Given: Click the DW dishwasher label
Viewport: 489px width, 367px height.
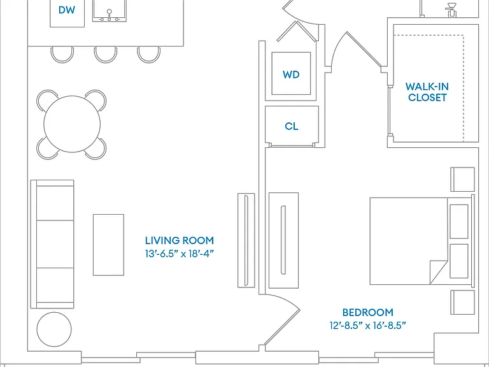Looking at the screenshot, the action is tap(67, 10).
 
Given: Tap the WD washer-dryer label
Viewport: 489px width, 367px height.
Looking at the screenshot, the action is tap(291, 75).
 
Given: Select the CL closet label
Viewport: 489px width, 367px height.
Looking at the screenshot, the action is tap(291, 126).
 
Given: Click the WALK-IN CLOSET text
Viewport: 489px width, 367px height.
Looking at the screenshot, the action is tap(427, 92).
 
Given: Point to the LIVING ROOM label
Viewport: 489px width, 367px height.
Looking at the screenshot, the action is tap(180, 241).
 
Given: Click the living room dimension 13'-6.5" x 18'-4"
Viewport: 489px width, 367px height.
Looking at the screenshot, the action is tap(180, 254).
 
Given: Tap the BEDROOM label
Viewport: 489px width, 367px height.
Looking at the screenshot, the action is tap(367, 312).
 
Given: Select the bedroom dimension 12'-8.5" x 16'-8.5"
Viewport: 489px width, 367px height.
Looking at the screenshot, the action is tap(367, 326).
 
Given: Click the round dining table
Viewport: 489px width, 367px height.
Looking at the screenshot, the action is tap(72, 124).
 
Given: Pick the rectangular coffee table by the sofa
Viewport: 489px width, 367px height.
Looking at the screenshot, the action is tap(108, 245).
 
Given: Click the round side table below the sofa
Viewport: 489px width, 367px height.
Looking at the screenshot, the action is tap(54, 329).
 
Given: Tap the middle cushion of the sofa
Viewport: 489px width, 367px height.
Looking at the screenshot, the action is tap(55, 244).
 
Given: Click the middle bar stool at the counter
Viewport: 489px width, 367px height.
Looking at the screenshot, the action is tap(106, 55).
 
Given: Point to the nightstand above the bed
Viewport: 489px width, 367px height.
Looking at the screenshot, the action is tap(462, 180).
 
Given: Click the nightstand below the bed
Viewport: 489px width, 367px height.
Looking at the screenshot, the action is tap(462, 303).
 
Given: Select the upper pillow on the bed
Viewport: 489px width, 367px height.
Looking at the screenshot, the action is tap(459, 222).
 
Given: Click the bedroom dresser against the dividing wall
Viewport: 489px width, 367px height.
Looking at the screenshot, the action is tap(283, 240).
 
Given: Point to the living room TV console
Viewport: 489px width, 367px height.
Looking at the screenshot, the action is tap(246, 240).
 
